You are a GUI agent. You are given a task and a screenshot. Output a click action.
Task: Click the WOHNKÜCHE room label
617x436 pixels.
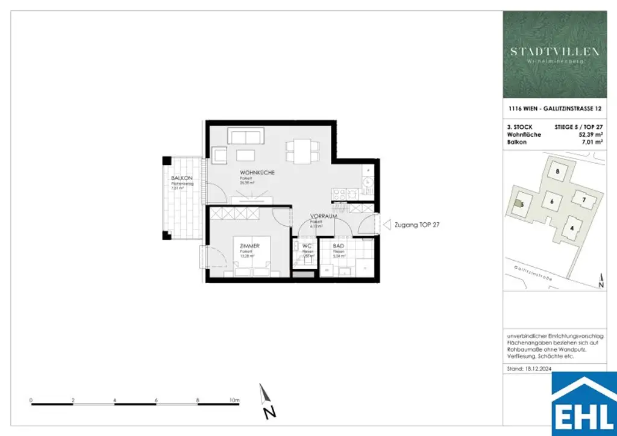click(257, 173)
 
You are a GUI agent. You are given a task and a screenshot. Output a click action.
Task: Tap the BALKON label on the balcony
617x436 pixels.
click(181, 179)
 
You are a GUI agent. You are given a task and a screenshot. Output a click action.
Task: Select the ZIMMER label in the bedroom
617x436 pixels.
click(249, 246)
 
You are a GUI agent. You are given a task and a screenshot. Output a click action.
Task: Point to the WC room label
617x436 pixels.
click(307, 246)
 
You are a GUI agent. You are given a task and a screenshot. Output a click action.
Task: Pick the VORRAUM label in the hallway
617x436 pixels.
click(323, 216)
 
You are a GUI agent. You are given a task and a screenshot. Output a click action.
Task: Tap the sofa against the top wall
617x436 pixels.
click(244, 136)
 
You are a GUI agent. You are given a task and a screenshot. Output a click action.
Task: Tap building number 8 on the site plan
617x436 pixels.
click(557, 172)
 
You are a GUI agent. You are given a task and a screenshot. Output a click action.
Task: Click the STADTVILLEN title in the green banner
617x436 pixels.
click(554, 52)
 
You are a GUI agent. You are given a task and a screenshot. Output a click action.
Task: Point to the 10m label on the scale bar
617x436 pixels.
click(234, 400)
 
